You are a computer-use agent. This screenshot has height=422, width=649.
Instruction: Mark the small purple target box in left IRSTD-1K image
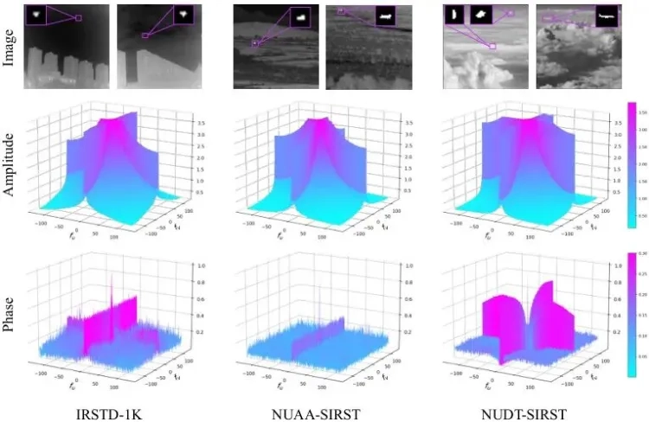point(79,17)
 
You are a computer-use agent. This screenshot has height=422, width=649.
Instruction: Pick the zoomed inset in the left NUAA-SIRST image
point(299,16)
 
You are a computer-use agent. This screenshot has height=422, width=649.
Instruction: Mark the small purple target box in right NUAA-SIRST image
point(341,11)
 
